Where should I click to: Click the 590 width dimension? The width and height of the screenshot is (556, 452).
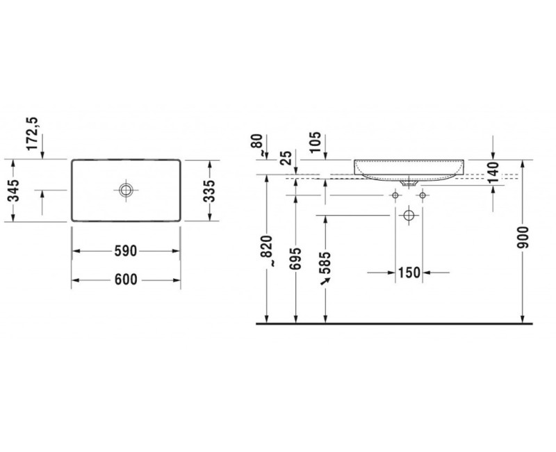126,250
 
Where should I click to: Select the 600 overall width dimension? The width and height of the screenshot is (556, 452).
126,280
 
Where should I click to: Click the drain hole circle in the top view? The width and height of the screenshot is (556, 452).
126,189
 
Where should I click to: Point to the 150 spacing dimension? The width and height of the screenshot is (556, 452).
409,273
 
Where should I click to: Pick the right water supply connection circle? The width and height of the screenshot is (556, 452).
421,196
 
